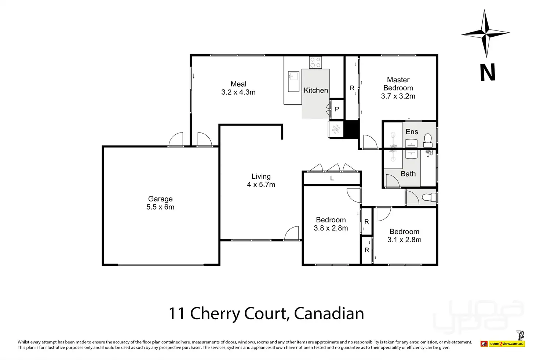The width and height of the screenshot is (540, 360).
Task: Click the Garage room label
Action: (160, 199)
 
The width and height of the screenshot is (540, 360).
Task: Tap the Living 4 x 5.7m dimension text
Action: (261, 185)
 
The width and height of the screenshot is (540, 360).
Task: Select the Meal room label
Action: (238, 84)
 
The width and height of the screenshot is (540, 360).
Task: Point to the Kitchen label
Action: (316, 90)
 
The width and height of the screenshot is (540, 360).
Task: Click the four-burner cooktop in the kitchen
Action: (315, 62)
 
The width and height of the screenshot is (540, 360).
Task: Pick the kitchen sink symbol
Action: (293, 81)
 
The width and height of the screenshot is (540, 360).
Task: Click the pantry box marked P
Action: (337, 109)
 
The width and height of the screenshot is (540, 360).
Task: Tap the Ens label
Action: (412, 132)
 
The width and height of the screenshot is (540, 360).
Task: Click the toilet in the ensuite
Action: (428, 140)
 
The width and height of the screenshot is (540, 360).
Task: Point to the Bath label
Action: (408, 174)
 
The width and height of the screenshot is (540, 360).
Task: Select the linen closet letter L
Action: (332, 178)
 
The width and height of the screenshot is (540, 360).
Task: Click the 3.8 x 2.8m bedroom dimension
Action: (331, 228)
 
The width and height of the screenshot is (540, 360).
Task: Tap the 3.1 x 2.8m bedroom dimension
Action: (405, 240)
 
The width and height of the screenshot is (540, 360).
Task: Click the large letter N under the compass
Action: (488, 72)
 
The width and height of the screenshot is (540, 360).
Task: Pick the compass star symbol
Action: (485, 33)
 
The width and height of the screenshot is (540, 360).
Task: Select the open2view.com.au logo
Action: (503, 343)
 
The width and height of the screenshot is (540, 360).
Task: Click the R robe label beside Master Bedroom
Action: (352, 88)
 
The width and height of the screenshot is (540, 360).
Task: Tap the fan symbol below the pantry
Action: (336, 129)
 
